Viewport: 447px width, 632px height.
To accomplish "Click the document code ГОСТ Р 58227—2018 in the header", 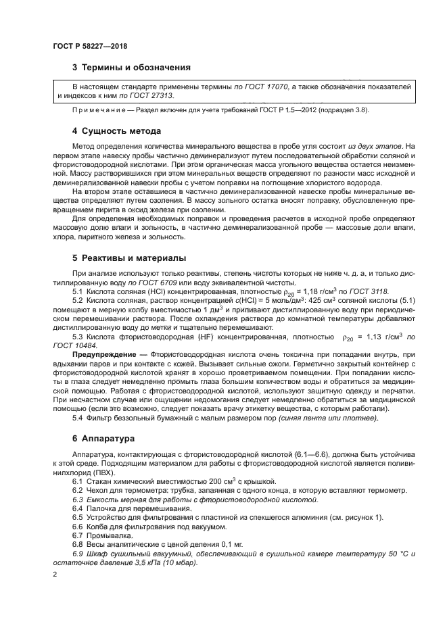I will (89, 47).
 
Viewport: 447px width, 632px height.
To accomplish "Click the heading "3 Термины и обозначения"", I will (131, 68).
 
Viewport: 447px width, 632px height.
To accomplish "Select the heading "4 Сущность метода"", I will (116, 130).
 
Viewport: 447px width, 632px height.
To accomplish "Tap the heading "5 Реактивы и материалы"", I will (129, 259).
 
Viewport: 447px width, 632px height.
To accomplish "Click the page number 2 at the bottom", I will (54, 575).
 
